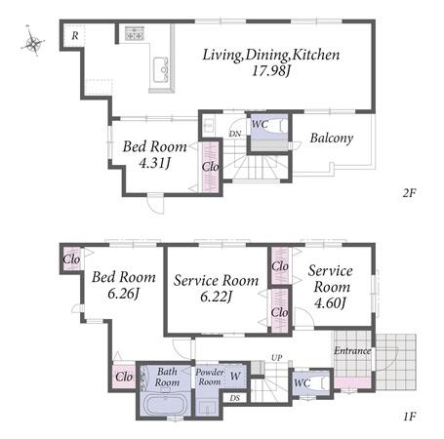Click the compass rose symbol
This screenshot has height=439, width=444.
[32, 42]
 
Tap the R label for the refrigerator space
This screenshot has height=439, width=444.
[75, 35]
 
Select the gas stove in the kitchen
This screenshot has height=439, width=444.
[135, 33]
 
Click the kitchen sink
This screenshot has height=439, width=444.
[161, 70]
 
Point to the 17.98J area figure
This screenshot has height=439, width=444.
[271, 70]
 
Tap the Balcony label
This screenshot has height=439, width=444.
[332, 138]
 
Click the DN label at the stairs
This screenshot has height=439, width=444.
[235, 134]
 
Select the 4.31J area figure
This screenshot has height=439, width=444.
[154, 163]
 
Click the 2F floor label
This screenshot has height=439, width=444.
[409, 193]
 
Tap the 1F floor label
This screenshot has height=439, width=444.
[410, 416]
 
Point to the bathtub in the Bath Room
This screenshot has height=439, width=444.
[165, 404]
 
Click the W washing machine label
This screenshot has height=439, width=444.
[235, 376]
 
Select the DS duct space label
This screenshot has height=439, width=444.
[235, 398]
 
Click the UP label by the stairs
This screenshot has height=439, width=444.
[277, 358]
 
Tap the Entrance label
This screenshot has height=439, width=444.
[352, 350]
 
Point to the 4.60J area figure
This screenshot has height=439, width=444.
[330, 302]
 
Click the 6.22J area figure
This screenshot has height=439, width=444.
[216, 297]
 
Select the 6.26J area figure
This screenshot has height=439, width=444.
[123, 294]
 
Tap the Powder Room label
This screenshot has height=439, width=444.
[210, 377]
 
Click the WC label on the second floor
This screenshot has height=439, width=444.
[260, 124]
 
